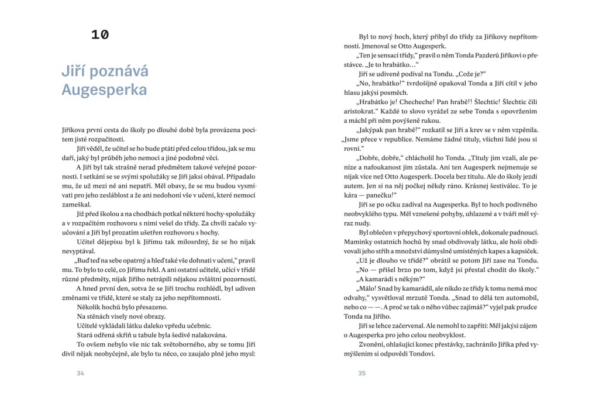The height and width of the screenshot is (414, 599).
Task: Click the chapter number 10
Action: pyautogui.click(x=99, y=34)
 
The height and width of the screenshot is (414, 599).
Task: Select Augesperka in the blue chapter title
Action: pyautogui.click(x=104, y=91)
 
